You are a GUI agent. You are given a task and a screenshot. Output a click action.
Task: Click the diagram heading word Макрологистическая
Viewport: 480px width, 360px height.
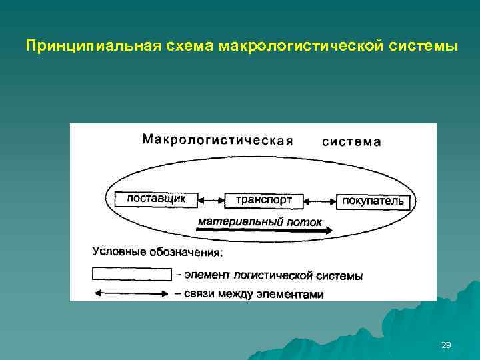tap(218, 140)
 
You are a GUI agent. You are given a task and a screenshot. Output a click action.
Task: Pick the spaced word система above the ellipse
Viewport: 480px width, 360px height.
tap(352, 141)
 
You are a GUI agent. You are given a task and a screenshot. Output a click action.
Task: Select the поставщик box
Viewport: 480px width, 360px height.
tap(156, 199)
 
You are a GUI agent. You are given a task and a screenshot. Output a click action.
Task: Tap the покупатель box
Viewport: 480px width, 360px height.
tap(373, 201)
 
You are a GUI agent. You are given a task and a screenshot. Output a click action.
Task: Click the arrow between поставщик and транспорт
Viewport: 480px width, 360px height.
tap(211, 199)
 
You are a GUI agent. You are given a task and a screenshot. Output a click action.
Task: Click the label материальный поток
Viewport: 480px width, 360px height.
tap(260, 221)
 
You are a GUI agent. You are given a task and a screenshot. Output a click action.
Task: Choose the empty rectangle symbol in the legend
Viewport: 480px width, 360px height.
tap(131, 274)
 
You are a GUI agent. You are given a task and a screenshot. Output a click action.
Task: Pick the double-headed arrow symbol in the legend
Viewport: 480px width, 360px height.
tap(131, 293)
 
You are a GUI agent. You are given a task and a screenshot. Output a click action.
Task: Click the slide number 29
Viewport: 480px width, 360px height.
tap(446, 345)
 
